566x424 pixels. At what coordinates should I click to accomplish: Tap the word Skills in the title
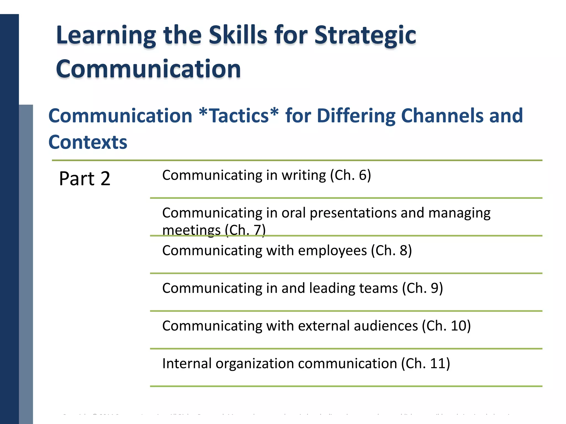point(238,35)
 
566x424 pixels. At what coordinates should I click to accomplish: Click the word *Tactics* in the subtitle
point(239,116)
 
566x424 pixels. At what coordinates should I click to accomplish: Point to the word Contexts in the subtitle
point(88,142)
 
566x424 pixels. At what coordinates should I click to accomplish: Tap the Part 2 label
point(85,179)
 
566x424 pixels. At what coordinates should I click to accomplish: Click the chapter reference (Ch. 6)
point(350,175)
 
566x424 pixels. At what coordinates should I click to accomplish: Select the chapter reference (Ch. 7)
point(245,230)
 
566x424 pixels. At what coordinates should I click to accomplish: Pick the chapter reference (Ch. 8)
point(391,251)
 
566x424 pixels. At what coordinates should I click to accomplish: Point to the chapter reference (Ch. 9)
point(423,288)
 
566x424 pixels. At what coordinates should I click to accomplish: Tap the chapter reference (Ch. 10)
point(446,326)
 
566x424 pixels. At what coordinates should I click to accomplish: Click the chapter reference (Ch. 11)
point(426,364)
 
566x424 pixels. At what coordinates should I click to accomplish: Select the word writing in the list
point(304,175)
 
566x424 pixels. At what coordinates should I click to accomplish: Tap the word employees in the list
point(332,251)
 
